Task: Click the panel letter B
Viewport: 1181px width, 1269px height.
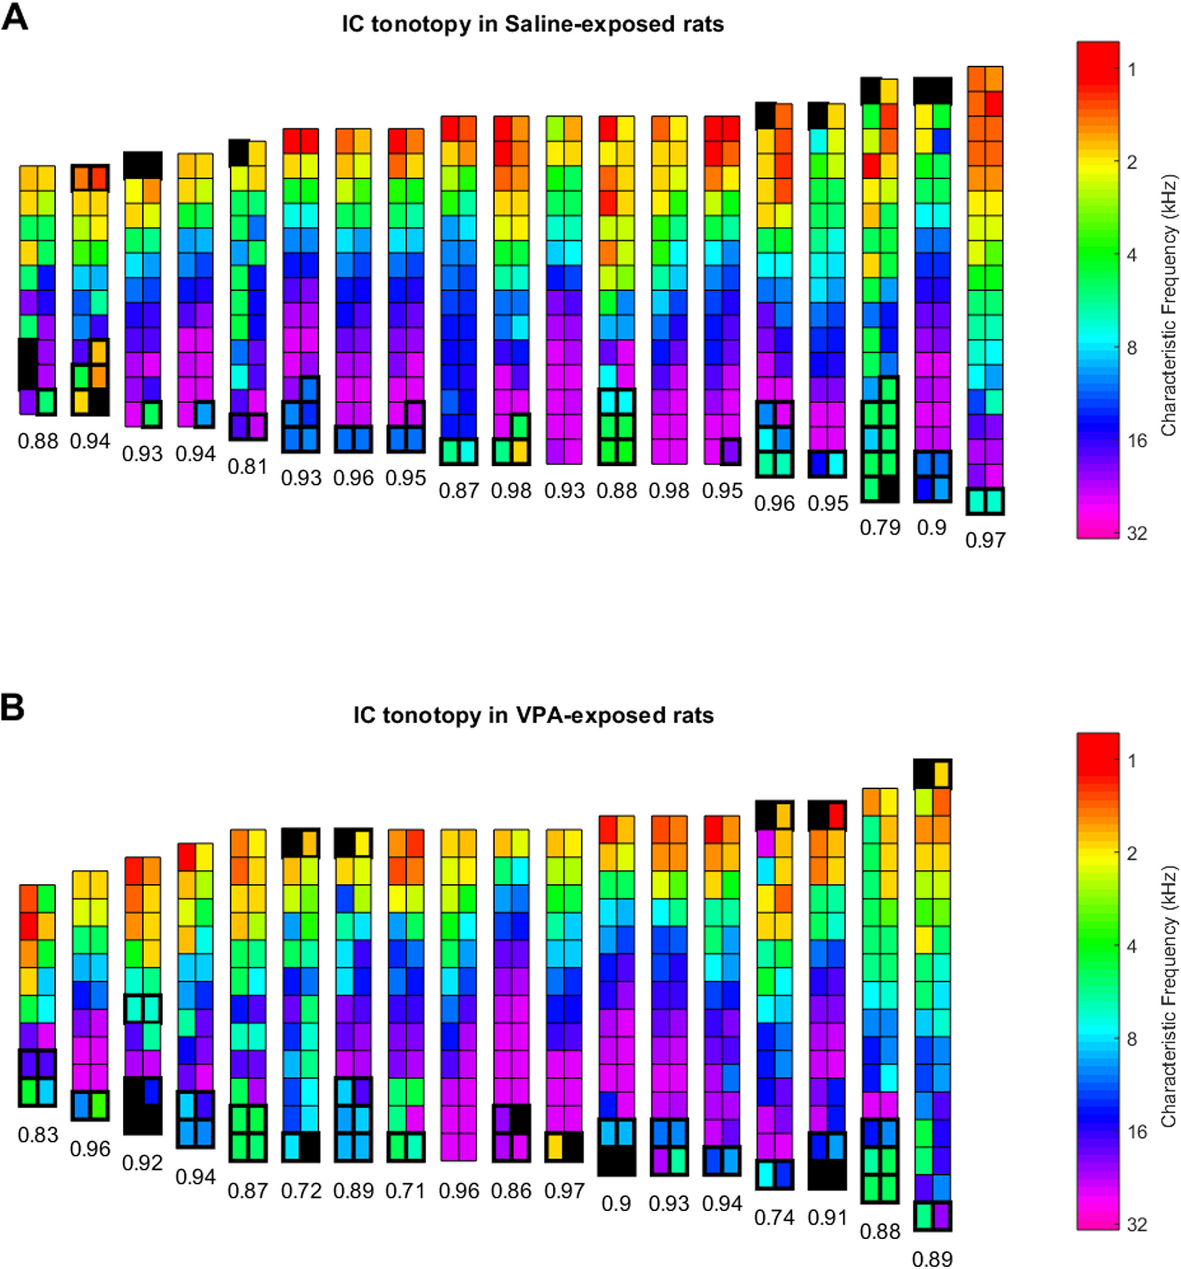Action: (x=13, y=708)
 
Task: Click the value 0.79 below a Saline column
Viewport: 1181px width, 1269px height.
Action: (x=880, y=527)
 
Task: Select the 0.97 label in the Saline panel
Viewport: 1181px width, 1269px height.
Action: (x=985, y=540)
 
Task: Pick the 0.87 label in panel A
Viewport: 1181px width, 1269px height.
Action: (x=459, y=490)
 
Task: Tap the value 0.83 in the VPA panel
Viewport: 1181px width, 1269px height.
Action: (x=38, y=1135)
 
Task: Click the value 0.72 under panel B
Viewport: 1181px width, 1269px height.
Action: (x=300, y=1191)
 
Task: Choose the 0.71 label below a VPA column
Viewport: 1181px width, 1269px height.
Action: (x=406, y=1191)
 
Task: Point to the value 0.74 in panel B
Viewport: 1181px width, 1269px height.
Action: (x=774, y=1217)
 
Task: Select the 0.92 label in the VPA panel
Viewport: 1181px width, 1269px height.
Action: (x=142, y=1162)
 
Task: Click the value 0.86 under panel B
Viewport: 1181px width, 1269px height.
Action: (x=511, y=1191)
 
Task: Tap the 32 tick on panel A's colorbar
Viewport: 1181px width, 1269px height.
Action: (x=1137, y=533)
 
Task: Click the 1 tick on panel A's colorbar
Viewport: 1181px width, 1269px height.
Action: (x=1132, y=69)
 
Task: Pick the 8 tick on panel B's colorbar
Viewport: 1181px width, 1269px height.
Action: (x=1132, y=1038)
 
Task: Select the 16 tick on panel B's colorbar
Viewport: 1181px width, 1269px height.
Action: (x=1137, y=1132)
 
